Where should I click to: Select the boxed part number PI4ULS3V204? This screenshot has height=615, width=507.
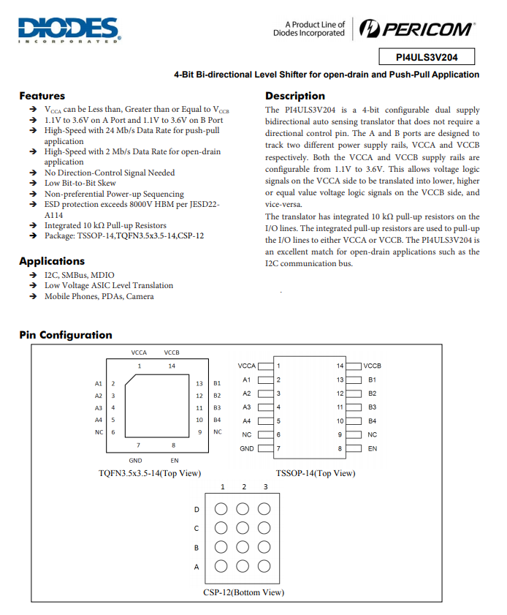click(427, 57)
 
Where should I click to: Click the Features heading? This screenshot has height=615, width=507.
click(42, 96)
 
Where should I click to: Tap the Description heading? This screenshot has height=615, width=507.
click(295, 96)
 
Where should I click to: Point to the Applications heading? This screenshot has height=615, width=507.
click(52, 261)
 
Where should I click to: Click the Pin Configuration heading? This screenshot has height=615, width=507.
click(66, 335)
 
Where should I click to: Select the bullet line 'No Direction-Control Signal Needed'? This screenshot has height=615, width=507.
click(110, 173)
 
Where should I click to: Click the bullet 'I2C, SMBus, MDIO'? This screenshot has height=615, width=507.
click(79, 275)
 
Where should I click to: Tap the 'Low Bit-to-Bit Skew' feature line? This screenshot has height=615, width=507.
click(80, 184)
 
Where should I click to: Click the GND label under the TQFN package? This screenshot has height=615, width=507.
click(135, 461)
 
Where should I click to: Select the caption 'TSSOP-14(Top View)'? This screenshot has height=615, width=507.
click(315, 473)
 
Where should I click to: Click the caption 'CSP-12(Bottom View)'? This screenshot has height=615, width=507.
click(243, 592)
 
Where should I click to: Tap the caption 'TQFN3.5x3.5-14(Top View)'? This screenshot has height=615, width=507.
click(150, 473)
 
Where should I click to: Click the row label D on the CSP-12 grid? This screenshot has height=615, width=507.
click(196, 510)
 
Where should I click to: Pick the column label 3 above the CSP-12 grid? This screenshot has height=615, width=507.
click(265, 487)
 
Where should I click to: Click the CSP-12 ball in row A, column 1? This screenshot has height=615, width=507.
click(221, 566)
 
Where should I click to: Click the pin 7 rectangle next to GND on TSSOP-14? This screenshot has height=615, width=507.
click(265, 448)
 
